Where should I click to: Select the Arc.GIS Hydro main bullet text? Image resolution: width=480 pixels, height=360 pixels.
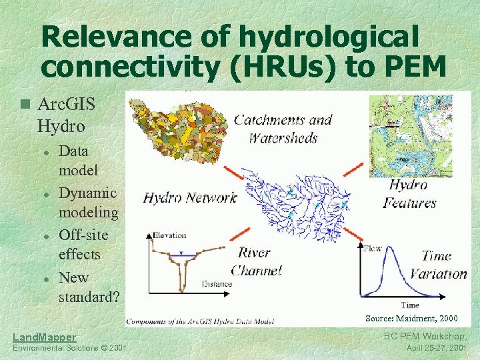pos(67,115)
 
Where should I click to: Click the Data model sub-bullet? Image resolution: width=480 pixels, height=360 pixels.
pos(79,160)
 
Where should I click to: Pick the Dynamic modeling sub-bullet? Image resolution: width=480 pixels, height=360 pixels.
pos(88,203)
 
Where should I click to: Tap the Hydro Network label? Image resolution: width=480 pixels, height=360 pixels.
pos(190,197)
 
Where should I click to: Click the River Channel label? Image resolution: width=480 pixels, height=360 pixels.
pos(256,261)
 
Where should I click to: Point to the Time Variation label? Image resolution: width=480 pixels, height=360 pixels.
pos(437,265)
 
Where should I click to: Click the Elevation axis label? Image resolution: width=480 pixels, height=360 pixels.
pos(169,235)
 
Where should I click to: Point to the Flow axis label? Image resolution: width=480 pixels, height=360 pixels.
pos(373,248)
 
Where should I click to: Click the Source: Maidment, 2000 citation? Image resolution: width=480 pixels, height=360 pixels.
pos(411,318)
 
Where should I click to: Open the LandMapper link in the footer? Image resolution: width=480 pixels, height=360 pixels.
pos(44,337)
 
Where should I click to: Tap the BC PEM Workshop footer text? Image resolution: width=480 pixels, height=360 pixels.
pos(429,337)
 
